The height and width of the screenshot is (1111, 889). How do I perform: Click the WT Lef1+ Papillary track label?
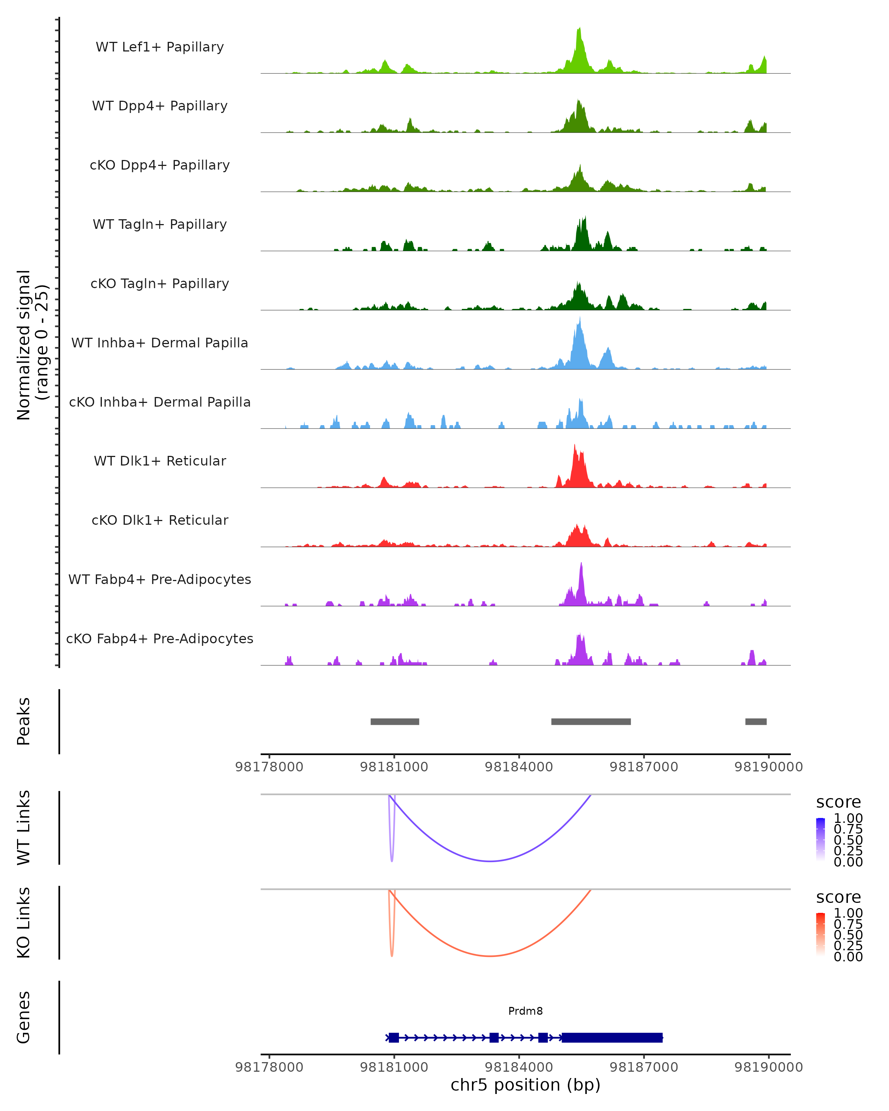[160, 47]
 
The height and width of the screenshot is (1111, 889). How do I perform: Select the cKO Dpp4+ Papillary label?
[160, 166]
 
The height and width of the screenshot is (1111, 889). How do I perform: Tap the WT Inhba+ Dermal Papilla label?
[160, 343]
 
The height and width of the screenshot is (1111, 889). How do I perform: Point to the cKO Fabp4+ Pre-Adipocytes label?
[160, 639]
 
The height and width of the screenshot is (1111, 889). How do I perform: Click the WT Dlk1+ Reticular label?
[160, 461]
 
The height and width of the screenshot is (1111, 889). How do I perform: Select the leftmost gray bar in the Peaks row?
[395, 721]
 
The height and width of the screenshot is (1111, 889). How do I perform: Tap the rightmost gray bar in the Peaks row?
[756, 721]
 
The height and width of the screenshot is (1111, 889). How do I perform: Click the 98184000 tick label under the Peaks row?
[519, 767]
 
